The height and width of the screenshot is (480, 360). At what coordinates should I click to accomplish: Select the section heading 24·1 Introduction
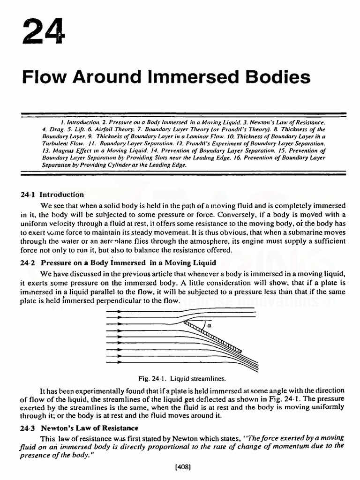tap(53, 195)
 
